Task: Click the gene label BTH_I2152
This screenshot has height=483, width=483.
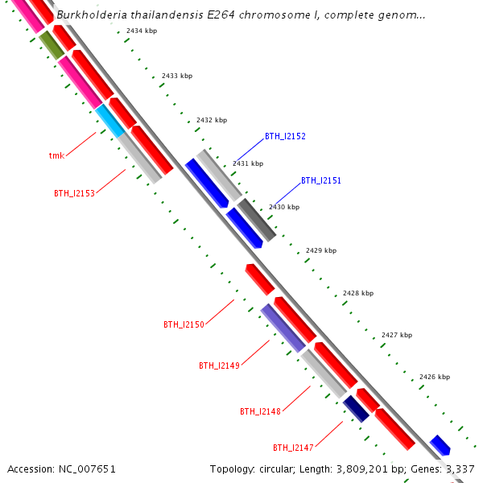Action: coord(285,137)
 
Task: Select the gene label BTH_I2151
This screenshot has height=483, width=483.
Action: coord(321,181)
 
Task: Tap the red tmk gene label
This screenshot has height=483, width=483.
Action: coord(56,155)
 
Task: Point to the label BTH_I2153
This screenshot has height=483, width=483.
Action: coord(74,193)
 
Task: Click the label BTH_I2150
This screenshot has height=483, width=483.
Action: coord(184,324)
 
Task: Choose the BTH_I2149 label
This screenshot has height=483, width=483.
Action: coord(219,365)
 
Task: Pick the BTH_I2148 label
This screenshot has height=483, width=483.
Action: coord(260,411)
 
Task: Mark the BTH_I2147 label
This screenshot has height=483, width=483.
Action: coord(293,448)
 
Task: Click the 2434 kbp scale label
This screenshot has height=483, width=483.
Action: coord(142,31)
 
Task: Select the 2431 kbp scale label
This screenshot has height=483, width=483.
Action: coord(248,163)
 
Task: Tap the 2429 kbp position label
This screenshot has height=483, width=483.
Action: coord(321,250)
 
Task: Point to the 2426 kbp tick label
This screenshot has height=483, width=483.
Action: coord(435,377)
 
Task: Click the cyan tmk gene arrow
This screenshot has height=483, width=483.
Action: coord(110,121)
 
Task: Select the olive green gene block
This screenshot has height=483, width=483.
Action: coord(52,44)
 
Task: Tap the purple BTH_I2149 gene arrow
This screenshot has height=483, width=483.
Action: coord(283,328)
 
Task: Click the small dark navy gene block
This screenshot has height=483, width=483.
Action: coord(356,409)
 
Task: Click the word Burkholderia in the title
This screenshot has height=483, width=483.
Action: coord(90,14)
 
